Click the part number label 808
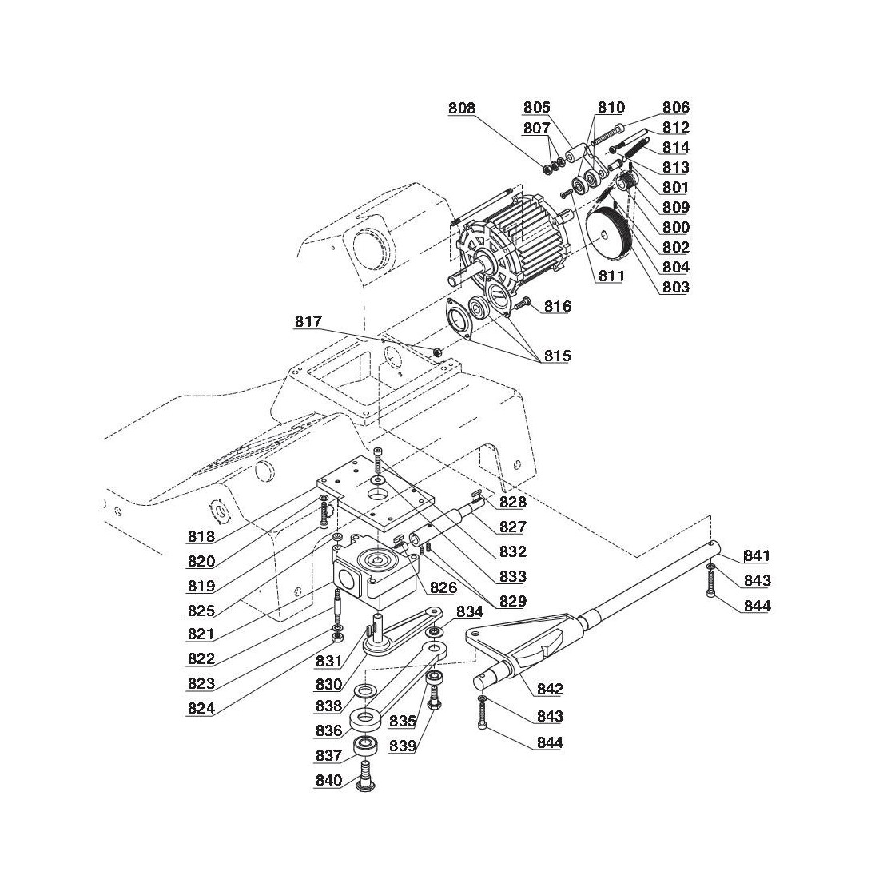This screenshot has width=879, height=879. pyautogui.click(x=461, y=108)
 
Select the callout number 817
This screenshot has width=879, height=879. pyautogui.click(x=308, y=322)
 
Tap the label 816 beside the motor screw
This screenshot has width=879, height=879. pyautogui.click(x=558, y=307)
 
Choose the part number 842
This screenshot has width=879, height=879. pyautogui.click(x=550, y=690)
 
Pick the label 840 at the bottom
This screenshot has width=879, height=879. pyautogui.click(x=328, y=781)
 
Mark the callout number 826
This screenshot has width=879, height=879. pyautogui.click(x=442, y=589)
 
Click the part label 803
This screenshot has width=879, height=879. pyautogui.click(x=675, y=287)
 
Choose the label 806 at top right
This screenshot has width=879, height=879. pyautogui.click(x=675, y=108)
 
